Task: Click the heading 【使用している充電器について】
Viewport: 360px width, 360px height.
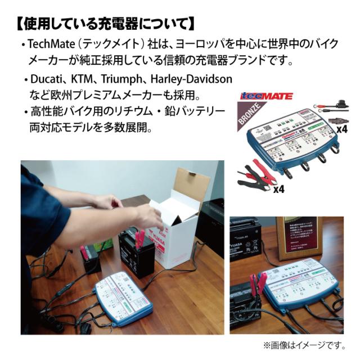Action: point(103,24)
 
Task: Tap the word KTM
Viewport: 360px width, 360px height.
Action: point(82,80)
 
